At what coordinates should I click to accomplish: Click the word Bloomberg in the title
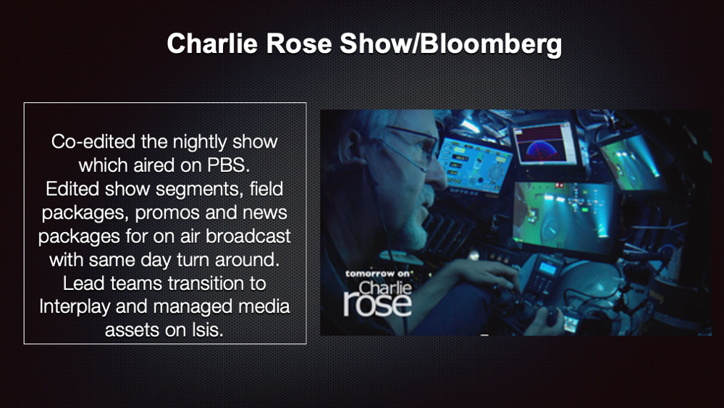click(491, 44)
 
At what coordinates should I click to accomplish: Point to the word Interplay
click(75, 307)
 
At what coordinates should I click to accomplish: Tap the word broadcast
click(248, 236)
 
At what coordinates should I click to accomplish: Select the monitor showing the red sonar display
click(545, 143)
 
